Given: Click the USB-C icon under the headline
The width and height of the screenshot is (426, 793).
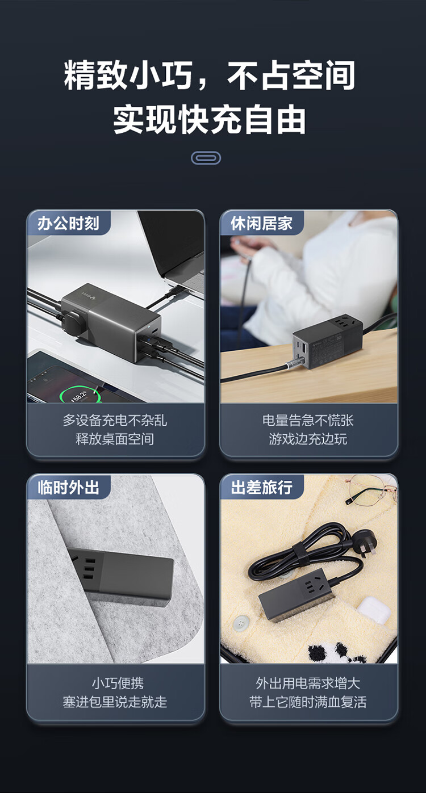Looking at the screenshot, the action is [x=206, y=158].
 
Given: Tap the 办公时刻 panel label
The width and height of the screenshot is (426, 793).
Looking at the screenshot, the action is [x=68, y=224].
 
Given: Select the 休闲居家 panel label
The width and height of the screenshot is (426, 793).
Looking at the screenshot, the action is [x=262, y=224].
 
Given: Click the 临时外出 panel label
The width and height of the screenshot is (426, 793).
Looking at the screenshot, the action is [x=68, y=488].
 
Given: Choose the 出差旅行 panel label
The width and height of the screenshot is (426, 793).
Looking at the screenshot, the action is [x=262, y=488].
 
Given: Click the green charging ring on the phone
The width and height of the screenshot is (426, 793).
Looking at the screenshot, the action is [x=80, y=396].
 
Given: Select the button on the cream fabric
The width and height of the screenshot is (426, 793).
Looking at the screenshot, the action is [x=241, y=622].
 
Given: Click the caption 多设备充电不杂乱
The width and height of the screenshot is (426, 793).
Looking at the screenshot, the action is [x=115, y=420].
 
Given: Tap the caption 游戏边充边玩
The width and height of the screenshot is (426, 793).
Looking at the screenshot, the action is [x=308, y=439].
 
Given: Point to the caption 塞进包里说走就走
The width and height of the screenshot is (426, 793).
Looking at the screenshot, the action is [x=115, y=702].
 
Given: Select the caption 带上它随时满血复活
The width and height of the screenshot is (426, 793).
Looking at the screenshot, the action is [x=308, y=702].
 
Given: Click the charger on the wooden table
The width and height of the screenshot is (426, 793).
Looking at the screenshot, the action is [x=327, y=342].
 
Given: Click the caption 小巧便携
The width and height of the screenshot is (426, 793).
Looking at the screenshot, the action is [x=118, y=683].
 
